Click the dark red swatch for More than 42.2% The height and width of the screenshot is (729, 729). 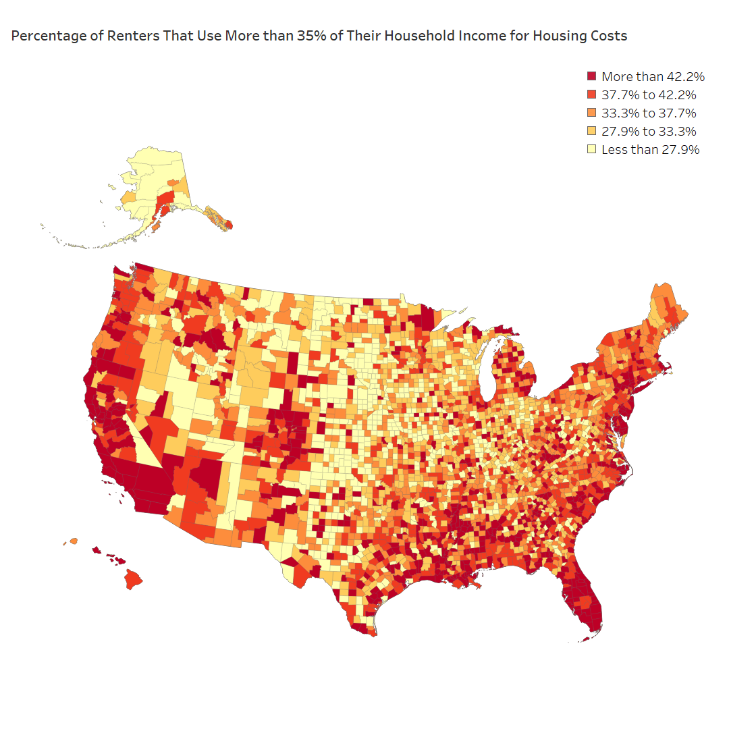tap(592, 76)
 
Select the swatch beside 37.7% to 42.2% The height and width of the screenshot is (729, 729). tap(592, 94)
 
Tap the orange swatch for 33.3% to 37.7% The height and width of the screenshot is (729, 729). tap(592, 113)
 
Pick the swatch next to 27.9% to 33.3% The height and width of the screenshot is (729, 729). tap(592, 131)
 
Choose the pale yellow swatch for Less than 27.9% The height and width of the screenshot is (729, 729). tap(592, 149)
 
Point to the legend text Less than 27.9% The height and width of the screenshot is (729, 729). tap(650, 149)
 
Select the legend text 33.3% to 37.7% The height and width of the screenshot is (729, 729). tap(649, 113)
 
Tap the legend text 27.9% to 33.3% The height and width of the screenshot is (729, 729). tap(649, 131)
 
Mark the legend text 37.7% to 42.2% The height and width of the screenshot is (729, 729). tap(649, 94)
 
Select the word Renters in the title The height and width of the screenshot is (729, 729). tap(127, 36)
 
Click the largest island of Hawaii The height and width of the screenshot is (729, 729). tap(133, 579)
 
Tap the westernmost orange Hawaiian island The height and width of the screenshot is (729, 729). tap(72, 541)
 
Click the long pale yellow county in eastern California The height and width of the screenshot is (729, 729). tap(149, 445)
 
